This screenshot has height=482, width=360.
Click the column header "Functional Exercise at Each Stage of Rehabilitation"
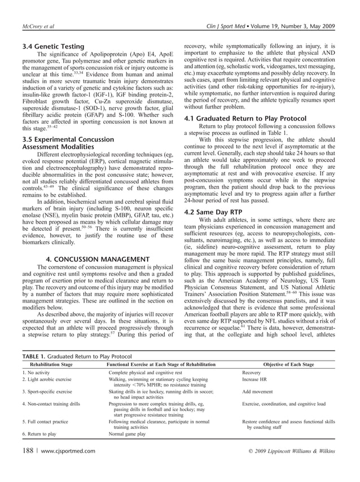168,365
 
